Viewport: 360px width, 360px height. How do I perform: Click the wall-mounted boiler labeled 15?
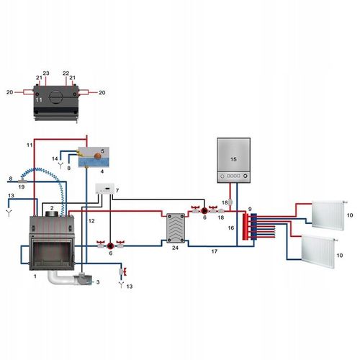click(x=234, y=160)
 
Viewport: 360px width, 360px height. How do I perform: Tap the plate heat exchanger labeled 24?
click(x=176, y=228)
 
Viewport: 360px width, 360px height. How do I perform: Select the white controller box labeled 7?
click(x=104, y=189)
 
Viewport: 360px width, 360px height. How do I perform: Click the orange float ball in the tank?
click(x=98, y=156)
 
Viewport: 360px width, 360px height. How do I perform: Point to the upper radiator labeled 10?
click(x=328, y=215)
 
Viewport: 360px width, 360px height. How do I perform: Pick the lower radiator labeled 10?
click(x=318, y=251)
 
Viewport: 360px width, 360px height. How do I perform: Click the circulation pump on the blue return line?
click(x=110, y=246)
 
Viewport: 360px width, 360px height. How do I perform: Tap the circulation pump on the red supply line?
click(x=204, y=211)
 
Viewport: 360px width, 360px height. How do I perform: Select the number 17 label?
click(x=215, y=251)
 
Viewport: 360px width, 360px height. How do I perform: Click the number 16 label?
click(x=231, y=228)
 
